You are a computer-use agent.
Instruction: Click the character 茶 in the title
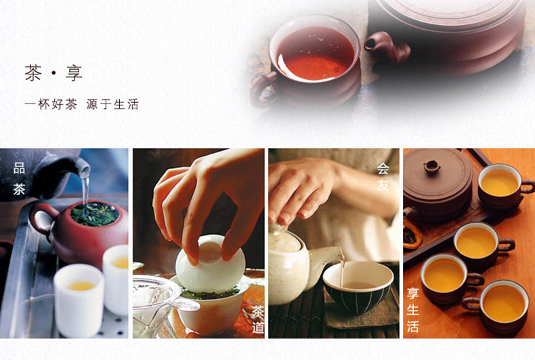33,72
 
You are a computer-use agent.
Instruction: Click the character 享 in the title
74,72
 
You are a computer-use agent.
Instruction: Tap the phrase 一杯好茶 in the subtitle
51,104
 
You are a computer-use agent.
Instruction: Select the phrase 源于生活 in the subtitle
112,104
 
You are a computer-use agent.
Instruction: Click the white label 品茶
19,179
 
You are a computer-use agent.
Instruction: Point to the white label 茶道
258,319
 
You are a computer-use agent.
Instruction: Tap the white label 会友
383,177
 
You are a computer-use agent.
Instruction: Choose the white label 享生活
413,310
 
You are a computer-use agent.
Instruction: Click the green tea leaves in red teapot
95,213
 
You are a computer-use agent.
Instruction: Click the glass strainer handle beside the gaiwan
184,303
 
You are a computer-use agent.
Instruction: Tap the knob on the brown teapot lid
431,167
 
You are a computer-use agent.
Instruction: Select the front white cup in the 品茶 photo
79,300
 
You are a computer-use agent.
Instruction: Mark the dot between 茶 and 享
53,73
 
